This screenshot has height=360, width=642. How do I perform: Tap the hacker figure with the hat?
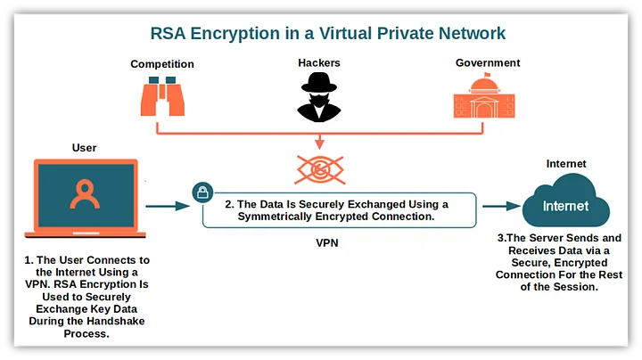pos(318,98)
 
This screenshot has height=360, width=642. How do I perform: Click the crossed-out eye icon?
pos(319,170)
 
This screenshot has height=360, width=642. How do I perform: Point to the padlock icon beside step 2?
pos(202,192)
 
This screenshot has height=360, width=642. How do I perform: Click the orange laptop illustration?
pos(86,198)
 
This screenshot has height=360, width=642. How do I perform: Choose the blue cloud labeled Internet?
pos(566,204)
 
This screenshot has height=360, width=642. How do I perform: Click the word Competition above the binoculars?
pos(161,64)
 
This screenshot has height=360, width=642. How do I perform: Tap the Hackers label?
pos(318,64)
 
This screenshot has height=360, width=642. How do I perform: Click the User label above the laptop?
pos(84,148)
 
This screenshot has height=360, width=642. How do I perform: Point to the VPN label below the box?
pos(327,241)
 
